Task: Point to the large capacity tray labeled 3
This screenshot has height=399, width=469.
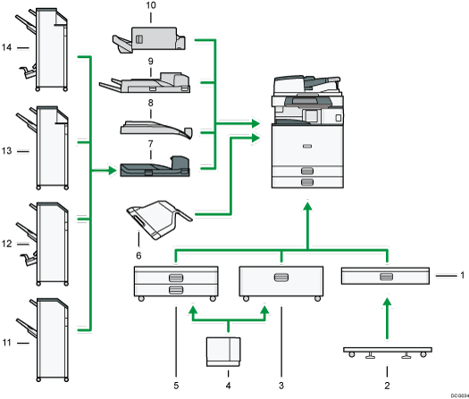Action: pyautogui.click(x=281, y=284)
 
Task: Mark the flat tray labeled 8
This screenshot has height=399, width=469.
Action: pyautogui.click(x=155, y=129)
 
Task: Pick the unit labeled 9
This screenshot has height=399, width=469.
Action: pyautogui.click(x=147, y=85)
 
